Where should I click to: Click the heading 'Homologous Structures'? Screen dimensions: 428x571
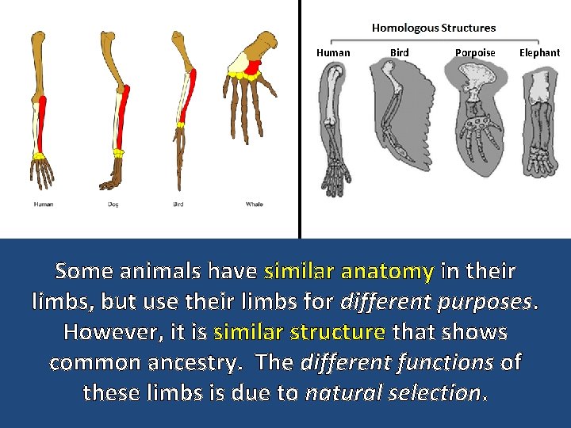pyautogui.click(x=434, y=28)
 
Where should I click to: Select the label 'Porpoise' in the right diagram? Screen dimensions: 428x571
pyautogui.click(x=475, y=53)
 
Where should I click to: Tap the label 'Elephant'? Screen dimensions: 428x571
pyautogui.click(x=539, y=53)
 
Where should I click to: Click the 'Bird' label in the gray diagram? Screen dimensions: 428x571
pyautogui.click(x=400, y=53)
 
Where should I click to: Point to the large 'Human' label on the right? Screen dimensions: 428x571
pyautogui.click(x=333, y=53)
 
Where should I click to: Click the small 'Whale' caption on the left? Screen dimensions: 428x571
pyautogui.click(x=254, y=204)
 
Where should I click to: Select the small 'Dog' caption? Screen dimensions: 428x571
pyautogui.click(x=113, y=204)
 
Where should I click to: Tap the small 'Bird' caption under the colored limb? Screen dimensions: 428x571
pyautogui.click(x=178, y=204)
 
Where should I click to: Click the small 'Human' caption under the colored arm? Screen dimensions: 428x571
pyautogui.click(x=44, y=204)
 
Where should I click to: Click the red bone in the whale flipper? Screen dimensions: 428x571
pyautogui.click(x=254, y=68)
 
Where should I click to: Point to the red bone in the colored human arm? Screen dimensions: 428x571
pyautogui.click(x=43, y=123)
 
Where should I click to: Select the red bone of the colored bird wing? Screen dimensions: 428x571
pyautogui.click(x=188, y=95)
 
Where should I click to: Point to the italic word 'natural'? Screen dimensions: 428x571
pyautogui.click(x=348, y=392)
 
